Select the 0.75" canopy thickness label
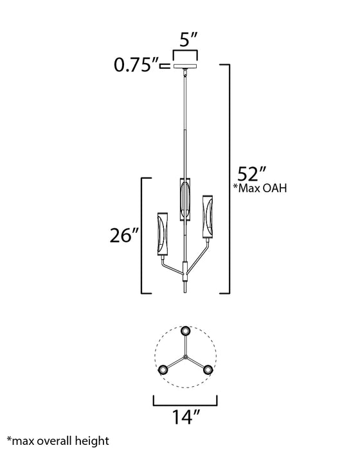point(138,65)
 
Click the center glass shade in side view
point(185,200)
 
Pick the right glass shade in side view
point(208,219)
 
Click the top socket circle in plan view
point(186,330)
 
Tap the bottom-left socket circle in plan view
point(163,369)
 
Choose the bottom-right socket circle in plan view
point(208,369)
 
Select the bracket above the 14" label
point(185,402)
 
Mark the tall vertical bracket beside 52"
point(228,177)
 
